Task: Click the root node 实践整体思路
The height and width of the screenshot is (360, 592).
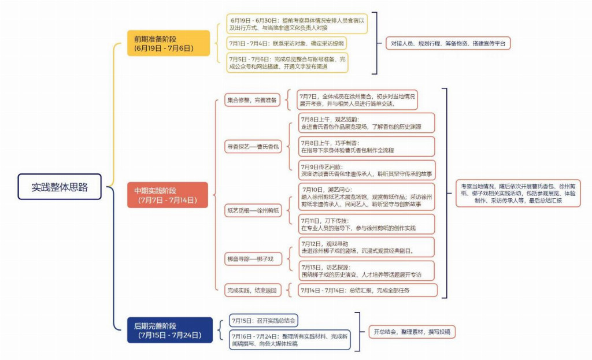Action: click(x=59, y=187)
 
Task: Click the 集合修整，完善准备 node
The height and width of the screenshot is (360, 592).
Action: click(x=252, y=100)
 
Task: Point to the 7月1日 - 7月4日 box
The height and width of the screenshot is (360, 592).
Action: click(x=287, y=43)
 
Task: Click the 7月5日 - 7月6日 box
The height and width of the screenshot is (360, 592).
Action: click(x=288, y=62)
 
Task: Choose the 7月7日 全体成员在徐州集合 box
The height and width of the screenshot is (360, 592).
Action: click(x=357, y=100)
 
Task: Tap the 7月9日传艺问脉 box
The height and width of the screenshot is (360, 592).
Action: click(x=367, y=170)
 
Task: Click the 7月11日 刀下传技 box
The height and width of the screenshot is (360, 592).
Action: click(x=367, y=224)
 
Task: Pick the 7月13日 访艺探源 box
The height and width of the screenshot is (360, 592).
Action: click(x=367, y=270)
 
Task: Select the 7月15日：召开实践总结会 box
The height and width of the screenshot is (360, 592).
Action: click(x=265, y=320)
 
